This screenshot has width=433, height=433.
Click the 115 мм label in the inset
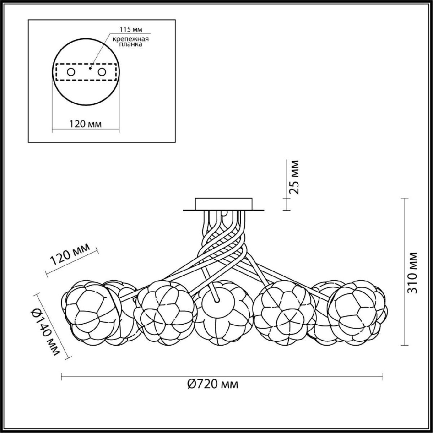click(x=130, y=30)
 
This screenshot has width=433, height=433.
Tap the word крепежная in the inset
click(x=131, y=39)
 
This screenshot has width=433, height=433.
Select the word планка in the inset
click(x=131, y=44)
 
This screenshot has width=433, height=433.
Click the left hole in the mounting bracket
click(x=71, y=72)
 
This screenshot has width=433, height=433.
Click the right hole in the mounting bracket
click(x=101, y=72)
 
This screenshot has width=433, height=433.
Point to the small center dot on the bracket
click(x=90, y=68)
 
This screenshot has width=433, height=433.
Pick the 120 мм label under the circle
click(x=85, y=124)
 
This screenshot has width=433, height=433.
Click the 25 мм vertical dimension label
click(x=294, y=177)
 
